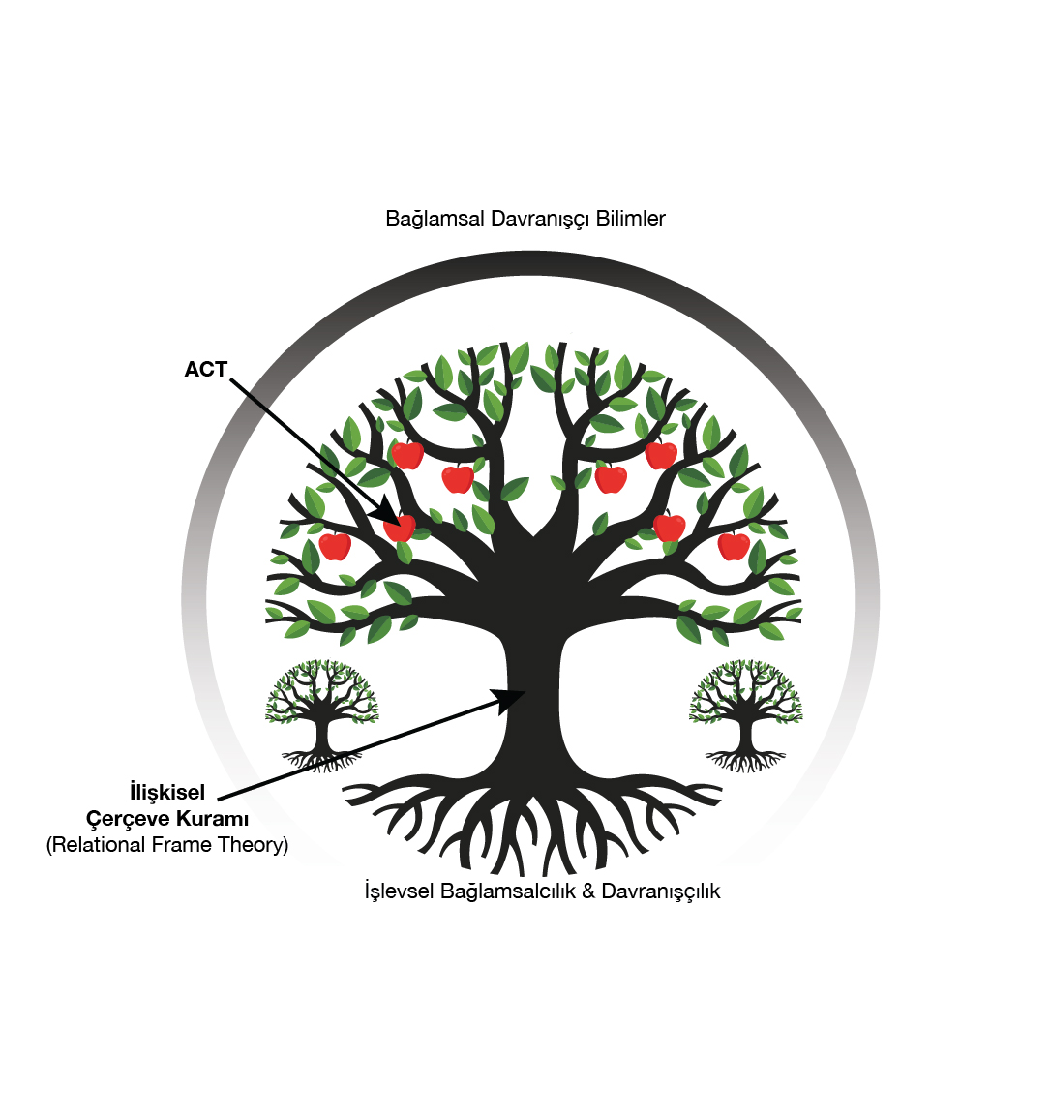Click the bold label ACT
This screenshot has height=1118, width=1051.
click(x=205, y=370)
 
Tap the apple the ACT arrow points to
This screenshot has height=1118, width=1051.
click(x=400, y=529)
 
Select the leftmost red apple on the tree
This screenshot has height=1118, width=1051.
click(x=335, y=546)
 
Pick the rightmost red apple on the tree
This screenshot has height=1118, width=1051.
click(x=734, y=546)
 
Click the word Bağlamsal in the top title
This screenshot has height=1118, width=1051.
click(x=435, y=219)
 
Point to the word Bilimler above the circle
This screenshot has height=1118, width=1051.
click(x=630, y=219)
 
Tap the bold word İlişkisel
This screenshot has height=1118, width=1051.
click(x=167, y=793)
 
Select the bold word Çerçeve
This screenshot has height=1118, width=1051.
click(x=125, y=820)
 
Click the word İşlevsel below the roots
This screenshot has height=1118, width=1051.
click(x=400, y=891)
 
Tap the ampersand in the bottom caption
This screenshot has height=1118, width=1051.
click(x=588, y=891)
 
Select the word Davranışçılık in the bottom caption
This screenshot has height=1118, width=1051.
click(x=661, y=891)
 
